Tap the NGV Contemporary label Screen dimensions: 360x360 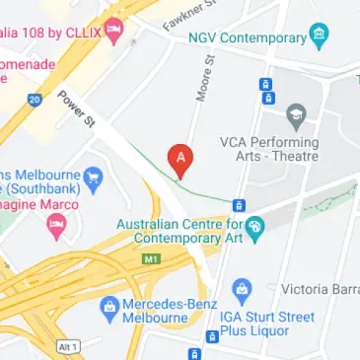tap(248, 38)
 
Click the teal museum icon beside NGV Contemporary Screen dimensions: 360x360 tap(318, 37)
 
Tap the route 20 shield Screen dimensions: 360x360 tap(36, 99)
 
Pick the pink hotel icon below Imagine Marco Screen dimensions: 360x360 tap(55, 228)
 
